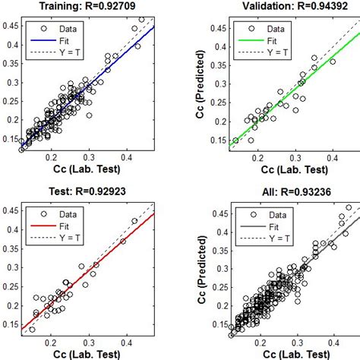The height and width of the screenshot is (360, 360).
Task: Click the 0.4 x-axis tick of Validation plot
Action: (332, 158)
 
